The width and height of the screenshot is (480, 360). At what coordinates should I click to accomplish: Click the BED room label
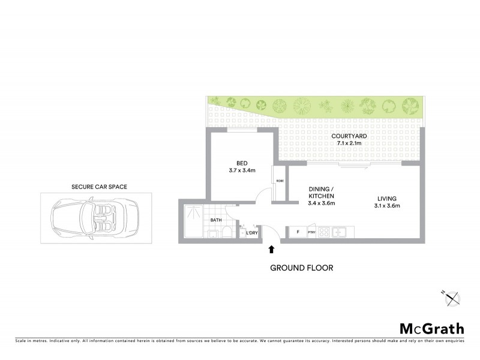point(242,163)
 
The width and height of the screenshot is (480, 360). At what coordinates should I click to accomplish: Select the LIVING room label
point(387,199)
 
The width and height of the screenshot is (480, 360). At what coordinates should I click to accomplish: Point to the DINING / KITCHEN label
point(321,196)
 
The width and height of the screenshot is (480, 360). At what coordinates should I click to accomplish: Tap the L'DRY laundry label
point(252,233)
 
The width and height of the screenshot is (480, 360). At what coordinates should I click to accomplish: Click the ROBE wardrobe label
point(279,181)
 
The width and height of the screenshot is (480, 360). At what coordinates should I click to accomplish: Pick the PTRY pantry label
point(311,232)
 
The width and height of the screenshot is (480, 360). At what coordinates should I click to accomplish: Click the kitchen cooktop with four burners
point(325,232)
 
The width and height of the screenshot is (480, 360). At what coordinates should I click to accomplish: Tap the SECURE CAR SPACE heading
point(99,187)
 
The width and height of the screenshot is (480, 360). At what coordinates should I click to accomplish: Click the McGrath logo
point(431,328)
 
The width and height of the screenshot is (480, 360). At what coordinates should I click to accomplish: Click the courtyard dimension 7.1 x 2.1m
point(349,144)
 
